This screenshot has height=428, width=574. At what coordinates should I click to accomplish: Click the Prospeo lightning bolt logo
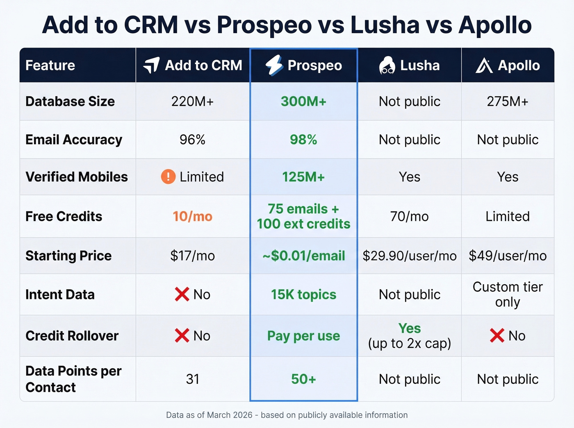pyautogui.click(x=274, y=65)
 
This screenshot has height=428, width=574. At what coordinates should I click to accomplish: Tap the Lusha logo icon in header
pyautogui.click(x=387, y=66)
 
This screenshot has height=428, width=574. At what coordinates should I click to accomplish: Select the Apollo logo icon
pyautogui.click(x=484, y=66)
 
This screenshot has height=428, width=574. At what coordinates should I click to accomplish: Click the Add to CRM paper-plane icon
pyautogui.click(x=151, y=65)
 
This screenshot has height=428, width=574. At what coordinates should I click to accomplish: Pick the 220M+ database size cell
pyautogui.click(x=192, y=101)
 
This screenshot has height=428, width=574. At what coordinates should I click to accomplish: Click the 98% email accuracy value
pyautogui.click(x=303, y=140)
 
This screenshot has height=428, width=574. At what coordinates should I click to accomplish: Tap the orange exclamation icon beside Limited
pyautogui.click(x=168, y=177)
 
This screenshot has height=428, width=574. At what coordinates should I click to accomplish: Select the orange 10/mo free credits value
pyautogui.click(x=192, y=216)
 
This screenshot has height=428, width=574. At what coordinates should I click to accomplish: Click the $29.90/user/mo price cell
pyautogui.click(x=409, y=256)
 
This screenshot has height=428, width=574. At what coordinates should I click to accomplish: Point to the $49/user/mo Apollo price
pyautogui.click(x=508, y=256)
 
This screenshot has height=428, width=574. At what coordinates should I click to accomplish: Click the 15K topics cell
pyautogui.click(x=303, y=294)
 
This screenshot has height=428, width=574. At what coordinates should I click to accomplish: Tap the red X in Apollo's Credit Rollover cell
pyautogui.click(x=497, y=335)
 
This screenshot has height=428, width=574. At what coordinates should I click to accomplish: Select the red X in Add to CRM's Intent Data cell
pyautogui.click(x=182, y=294)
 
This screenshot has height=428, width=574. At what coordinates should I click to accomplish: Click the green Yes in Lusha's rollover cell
pyautogui.click(x=409, y=328)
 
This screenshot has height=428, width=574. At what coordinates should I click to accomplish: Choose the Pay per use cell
pyautogui.click(x=303, y=336)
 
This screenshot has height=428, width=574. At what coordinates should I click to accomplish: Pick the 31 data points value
pyautogui.click(x=192, y=379)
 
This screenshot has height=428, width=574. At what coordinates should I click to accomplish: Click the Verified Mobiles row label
pyautogui.click(x=77, y=177)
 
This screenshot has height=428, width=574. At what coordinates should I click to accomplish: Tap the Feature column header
pyautogui.click(x=50, y=66)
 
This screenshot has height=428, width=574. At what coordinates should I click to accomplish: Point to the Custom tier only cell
pyautogui.click(x=508, y=294)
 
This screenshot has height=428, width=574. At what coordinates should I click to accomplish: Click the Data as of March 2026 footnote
pyautogui.click(x=287, y=415)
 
